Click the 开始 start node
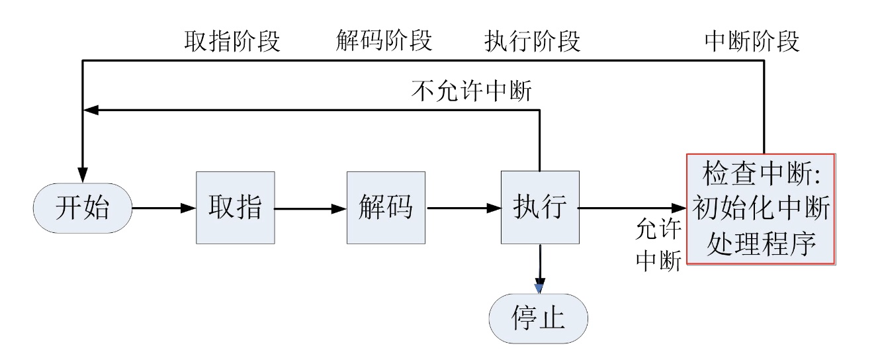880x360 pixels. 83,208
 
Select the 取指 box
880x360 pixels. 236,208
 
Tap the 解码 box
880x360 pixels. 386,208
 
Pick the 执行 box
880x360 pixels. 540,208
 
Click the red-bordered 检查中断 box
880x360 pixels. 761,209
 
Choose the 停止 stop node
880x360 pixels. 538,318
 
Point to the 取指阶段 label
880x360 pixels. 232,41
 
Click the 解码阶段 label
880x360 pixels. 384,40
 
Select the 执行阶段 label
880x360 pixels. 533,41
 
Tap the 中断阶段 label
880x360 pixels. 752,41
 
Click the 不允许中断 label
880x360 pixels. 471,91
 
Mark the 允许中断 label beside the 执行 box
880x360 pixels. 658,245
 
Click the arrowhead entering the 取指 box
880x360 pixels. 188,208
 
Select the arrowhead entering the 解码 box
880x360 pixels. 339,208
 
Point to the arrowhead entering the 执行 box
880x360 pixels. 494,208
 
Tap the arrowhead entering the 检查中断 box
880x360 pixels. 679,208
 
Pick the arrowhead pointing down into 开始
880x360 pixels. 83,175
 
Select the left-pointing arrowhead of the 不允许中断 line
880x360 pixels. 91,111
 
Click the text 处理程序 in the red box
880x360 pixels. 761,244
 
